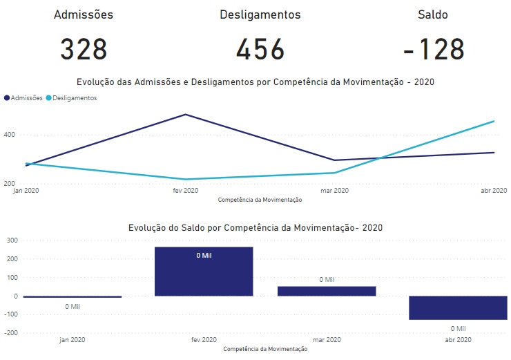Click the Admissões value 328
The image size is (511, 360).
pos(84,50)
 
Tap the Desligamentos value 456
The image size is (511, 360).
pos(260,50)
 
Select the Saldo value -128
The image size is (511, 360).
pos(433,50)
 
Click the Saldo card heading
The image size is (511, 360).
pos(433,14)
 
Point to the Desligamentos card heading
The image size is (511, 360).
pos(260,14)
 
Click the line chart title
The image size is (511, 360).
pos(256,82)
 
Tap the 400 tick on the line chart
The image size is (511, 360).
pos(8,135)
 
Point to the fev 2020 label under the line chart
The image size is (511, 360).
pos(185,191)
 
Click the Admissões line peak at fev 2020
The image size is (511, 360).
pos(185,115)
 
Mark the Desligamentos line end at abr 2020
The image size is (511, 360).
pos(494,122)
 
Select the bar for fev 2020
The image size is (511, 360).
pos(204,272)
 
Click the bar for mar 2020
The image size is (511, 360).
pos(327,291)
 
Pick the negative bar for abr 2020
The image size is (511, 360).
pos(458,307)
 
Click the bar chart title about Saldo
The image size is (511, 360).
pos(256,227)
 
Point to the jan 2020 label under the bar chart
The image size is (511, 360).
pos(73,340)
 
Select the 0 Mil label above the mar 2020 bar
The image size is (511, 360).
pos(327,280)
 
